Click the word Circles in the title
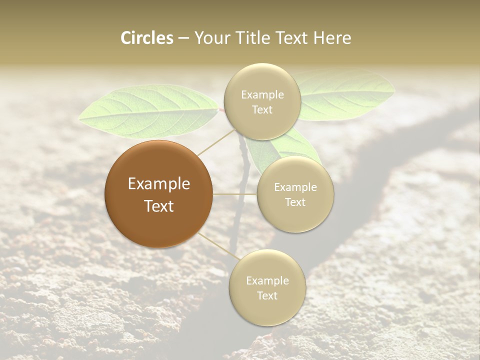coord(147,38)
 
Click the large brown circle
coord(159,194)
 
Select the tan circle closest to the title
coord(262,101)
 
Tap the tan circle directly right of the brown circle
coord(295,194)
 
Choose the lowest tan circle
coord(267,287)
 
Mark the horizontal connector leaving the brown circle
coord(235,194)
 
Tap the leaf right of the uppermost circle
coord(345,95)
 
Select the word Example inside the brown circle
coord(159,183)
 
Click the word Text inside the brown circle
coord(159,205)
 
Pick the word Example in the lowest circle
coord(267,280)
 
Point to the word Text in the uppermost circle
coord(262,109)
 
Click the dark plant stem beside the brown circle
coord(244,165)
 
